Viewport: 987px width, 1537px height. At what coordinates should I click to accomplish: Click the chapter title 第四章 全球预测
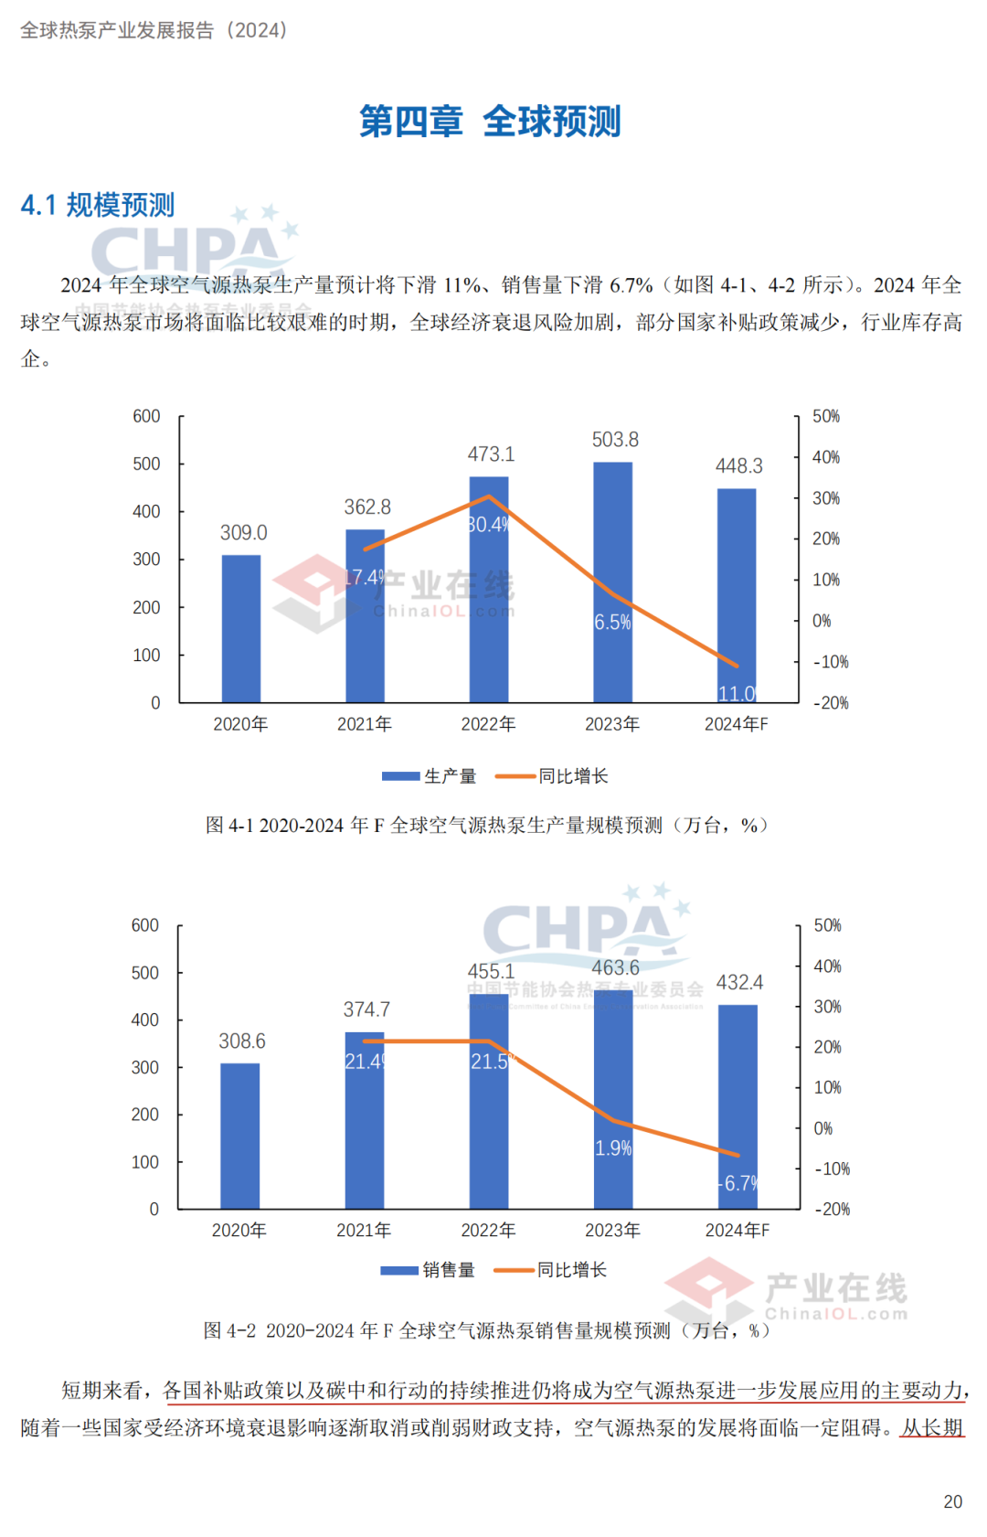pos(490,122)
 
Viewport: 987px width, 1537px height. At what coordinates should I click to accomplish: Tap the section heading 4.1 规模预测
pos(98,205)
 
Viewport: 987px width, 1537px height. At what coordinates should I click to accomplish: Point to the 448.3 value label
pos(738,466)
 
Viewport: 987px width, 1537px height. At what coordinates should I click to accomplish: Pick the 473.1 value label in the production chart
pos(491,454)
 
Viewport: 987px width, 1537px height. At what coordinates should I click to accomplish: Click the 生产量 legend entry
pos(430,776)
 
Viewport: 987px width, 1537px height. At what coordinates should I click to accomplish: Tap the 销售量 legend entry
pos(428,1270)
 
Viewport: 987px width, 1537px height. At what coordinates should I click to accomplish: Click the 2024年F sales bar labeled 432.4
pos(738,1106)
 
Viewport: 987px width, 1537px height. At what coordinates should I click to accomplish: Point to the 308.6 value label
pos(242,1041)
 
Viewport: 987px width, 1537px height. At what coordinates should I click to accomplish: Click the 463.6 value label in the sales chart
pos(615,967)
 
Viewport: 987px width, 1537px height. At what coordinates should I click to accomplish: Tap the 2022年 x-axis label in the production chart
pos(488,724)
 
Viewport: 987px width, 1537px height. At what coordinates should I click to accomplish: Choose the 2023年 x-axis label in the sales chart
pos(612,1231)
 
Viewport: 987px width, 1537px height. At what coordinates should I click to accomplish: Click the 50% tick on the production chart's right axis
pos(826,417)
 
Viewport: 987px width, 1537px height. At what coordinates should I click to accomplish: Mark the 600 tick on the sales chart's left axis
pos(145,925)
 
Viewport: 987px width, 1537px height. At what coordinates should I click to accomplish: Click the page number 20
pos(952,1502)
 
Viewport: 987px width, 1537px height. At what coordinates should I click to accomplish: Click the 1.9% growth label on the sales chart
pos(613,1148)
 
